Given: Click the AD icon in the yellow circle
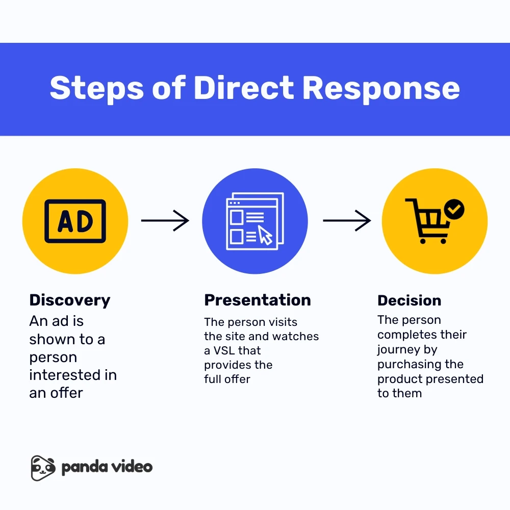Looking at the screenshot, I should (75, 221).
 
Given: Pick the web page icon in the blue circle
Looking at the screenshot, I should (254, 221).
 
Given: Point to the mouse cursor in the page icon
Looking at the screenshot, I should (265, 235).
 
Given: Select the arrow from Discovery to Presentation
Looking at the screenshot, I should (165, 221).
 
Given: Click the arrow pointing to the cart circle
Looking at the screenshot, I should (347, 221).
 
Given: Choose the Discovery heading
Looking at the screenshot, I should (70, 300).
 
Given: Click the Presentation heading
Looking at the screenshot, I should (258, 300).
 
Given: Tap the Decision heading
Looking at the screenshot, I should (410, 300).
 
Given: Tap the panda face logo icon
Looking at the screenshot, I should (42, 468).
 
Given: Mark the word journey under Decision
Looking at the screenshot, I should (397, 350).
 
